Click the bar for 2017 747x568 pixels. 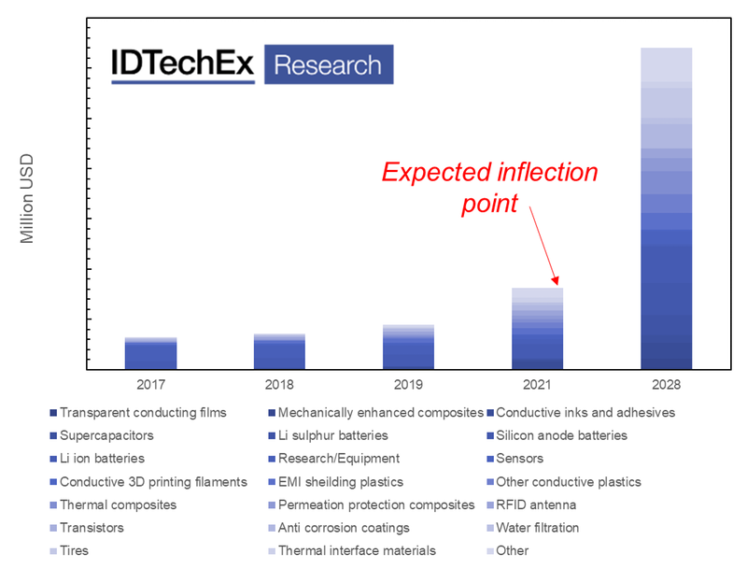(x=150, y=353)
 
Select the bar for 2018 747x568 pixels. (x=279, y=351)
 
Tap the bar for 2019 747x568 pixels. (x=408, y=347)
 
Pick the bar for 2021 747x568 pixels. (x=538, y=328)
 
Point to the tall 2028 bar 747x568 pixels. (x=667, y=208)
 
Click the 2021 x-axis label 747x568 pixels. (x=538, y=385)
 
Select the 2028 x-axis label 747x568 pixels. (x=667, y=385)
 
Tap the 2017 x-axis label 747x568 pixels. (x=150, y=385)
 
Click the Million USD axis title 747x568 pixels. (x=27, y=199)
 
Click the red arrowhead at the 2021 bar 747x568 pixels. (x=555, y=280)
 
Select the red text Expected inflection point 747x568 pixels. (x=489, y=188)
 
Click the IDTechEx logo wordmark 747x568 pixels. (x=183, y=64)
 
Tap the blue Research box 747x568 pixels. (x=329, y=64)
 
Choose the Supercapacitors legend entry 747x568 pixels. (x=102, y=435)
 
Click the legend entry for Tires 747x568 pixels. (x=69, y=551)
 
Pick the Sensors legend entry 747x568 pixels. (x=515, y=459)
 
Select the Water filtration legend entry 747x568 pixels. (x=533, y=528)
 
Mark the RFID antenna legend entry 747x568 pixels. (x=531, y=504)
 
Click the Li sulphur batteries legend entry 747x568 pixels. (x=329, y=435)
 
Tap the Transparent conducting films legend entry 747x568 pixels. (x=138, y=413)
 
